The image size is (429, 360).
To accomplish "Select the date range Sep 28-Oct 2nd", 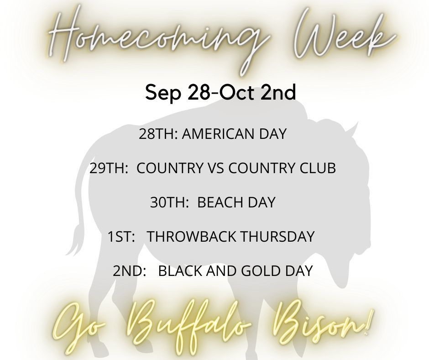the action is coord(220,92).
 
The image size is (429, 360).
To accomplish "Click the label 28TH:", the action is coord(158,134).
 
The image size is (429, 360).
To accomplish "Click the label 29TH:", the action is coord(109,168).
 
